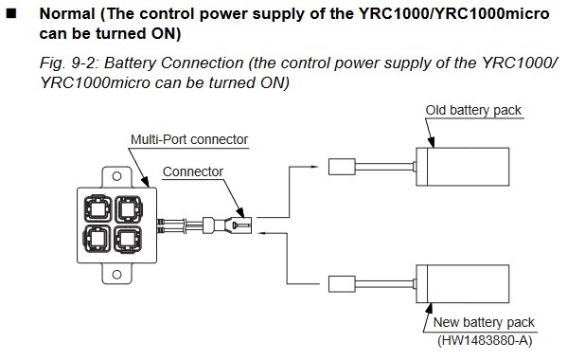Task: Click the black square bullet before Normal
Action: (x=11, y=14)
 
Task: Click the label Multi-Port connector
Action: (x=189, y=139)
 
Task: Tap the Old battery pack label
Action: (x=473, y=110)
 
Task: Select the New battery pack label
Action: (x=484, y=322)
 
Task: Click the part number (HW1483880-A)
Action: (x=485, y=340)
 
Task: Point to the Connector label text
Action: (x=193, y=171)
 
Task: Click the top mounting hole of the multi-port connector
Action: (x=116, y=176)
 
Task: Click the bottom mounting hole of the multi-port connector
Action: (x=116, y=275)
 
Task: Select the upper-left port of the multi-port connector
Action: (x=97, y=208)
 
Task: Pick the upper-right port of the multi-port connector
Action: (x=129, y=208)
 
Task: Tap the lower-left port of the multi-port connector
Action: (x=97, y=239)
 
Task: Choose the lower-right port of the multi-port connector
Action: (x=129, y=239)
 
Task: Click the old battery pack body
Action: (x=463, y=167)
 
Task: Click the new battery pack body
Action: (x=463, y=284)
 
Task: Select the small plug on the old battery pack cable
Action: (x=342, y=167)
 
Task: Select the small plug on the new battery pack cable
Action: (x=342, y=284)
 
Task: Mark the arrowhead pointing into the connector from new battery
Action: (x=262, y=233)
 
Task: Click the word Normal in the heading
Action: (x=67, y=14)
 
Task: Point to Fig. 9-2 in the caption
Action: (x=69, y=63)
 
